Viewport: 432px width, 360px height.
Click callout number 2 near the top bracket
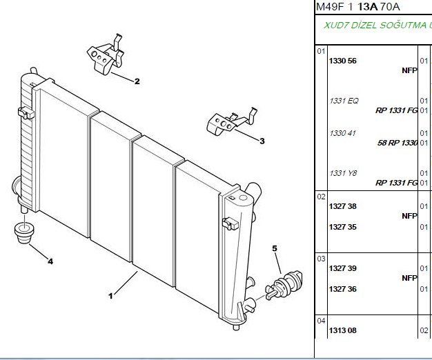pyautogui.click(x=137, y=81)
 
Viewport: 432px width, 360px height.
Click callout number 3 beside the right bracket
pyautogui.click(x=262, y=141)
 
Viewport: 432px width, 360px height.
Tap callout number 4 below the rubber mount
pyautogui.click(x=50, y=261)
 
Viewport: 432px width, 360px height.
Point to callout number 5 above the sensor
pyautogui.click(x=275, y=248)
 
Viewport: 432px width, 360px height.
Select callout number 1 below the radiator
pyautogui.click(x=110, y=296)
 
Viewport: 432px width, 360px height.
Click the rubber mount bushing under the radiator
pyautogui.click(x=24, y=233)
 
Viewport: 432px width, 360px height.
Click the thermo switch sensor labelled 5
pyautogui.click(x=284, y=286)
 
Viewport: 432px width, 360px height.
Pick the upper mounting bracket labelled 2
pyautogui.click(x=106, y=54)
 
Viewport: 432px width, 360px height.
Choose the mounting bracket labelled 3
pyautogui.click(x=231, y=121)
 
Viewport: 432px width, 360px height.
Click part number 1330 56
pyautogui.click(x=343, y=61)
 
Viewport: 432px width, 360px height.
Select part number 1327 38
pyautogui.click(x=343, y=206)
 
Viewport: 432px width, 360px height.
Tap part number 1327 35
pyautogui.click(x=343, y=227)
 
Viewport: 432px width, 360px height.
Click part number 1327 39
pyautogui.click(x=343, y=268)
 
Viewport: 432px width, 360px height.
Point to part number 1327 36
pyautogui.click(x=343, y=289)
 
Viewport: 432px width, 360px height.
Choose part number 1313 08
pyautogui.click(x=343, y=330)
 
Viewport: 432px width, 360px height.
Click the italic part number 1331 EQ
pyautogui.click(x=344, y=101)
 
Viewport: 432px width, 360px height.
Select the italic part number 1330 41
pyautogui.click(x=343, y=133)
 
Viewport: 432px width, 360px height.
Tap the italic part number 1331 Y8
pyautogui.click(x=343, y=173)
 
